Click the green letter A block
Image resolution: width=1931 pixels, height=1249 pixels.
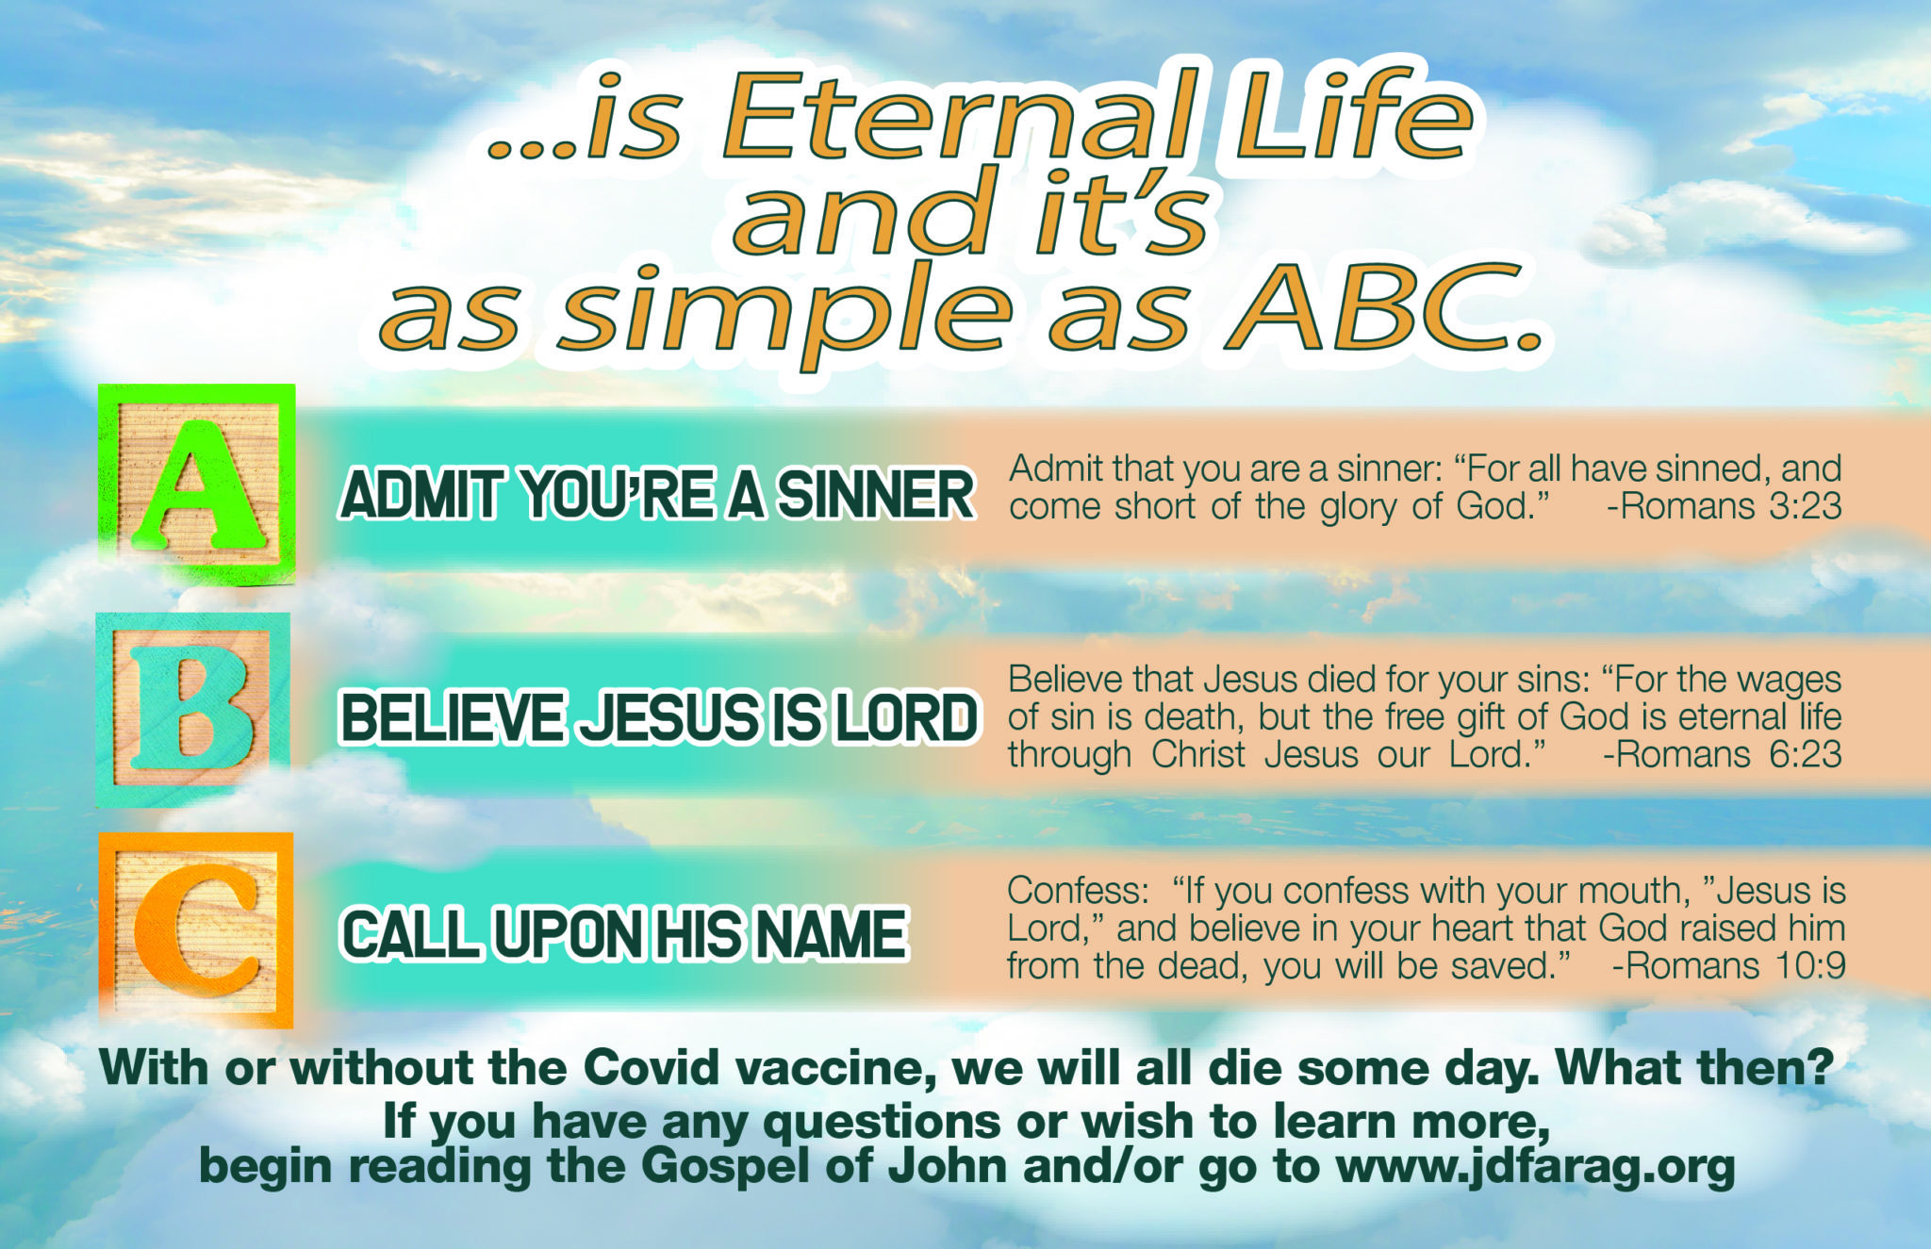click(196, 484)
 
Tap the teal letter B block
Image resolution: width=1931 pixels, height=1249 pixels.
click(193, 709)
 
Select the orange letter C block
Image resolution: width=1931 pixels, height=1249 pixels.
click(196, 929)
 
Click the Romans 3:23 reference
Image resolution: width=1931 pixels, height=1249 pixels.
click(1724, 506)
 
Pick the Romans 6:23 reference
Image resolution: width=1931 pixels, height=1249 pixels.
click(1722, 754)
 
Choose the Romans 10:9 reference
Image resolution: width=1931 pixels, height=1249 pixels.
click(1727, 965)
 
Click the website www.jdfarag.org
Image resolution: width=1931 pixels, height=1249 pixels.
click(1535, 1166)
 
